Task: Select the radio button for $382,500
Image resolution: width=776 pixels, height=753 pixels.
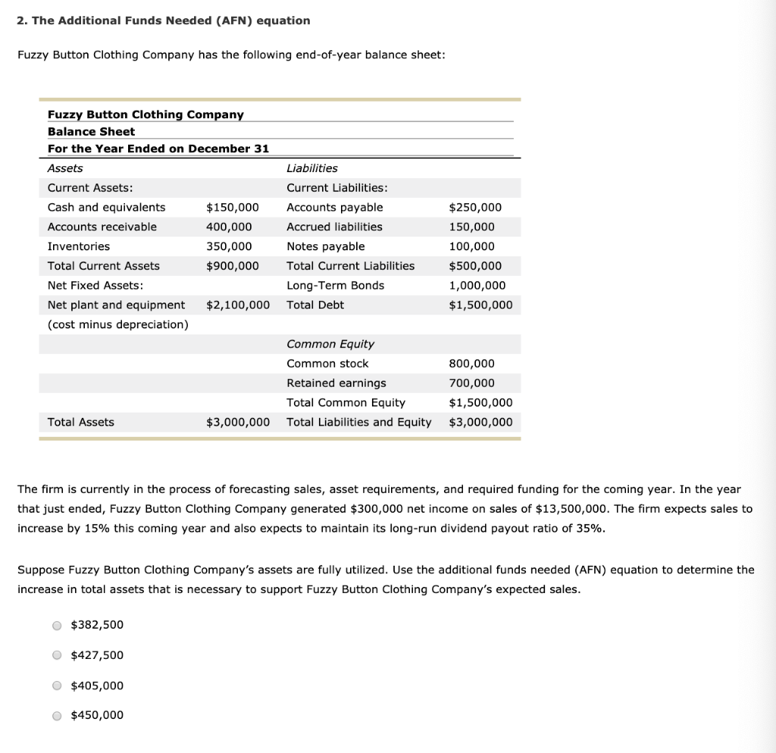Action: [57, 626]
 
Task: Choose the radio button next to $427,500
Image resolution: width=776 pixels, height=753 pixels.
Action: [57, 656]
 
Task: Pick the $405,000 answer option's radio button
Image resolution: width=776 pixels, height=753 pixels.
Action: [57, 686]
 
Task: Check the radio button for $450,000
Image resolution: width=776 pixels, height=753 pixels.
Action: [57, 716]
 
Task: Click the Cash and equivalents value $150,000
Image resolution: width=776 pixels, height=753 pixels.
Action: [232, 207]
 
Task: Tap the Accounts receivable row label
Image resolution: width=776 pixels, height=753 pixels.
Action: [102, 227]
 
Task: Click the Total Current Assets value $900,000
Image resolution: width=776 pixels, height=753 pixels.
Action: [232, 266]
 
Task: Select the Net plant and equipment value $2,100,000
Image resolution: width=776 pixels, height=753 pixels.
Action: [238, 305]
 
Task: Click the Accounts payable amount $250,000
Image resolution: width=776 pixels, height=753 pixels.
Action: [475, 207]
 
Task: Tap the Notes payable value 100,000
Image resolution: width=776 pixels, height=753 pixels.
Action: [471, 246]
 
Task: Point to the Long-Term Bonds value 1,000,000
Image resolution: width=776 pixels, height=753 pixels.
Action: [477, 286]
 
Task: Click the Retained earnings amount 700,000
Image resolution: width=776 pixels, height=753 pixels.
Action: [471, 383]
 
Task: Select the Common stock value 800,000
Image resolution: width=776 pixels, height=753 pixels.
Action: [471, 363]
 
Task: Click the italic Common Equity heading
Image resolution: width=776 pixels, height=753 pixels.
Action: [330, 344]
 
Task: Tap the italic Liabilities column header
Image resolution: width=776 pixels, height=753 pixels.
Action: [312, 168]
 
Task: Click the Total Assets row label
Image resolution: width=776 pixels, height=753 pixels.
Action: [81, 422]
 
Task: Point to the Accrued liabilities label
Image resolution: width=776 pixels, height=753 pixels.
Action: [334, 227]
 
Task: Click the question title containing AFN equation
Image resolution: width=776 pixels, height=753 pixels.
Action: [164, 20]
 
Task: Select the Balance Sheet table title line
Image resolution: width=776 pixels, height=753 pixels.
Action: [91, 131]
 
